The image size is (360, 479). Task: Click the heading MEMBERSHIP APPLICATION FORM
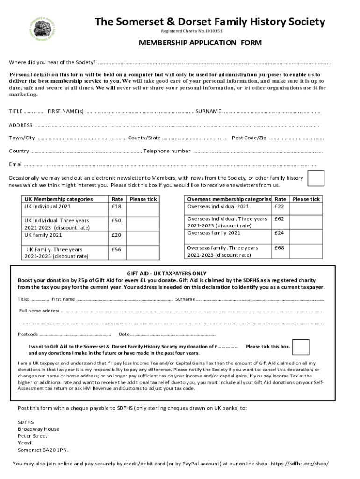(200, 43)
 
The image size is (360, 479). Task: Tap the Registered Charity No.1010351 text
(192, 31)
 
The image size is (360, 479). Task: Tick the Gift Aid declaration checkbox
(301, 347)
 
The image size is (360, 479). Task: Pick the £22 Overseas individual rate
(279, 206)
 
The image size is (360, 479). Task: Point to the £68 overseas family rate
(279, 247)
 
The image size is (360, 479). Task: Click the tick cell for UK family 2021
(143, 235)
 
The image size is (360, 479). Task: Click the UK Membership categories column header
(58, 199)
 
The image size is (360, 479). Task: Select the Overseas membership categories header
(229, 199)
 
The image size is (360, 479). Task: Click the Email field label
(16, 164)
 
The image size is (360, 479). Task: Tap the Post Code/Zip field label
(249, 138)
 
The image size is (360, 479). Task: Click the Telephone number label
(167, 151)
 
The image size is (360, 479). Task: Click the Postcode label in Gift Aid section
(28, 334)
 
